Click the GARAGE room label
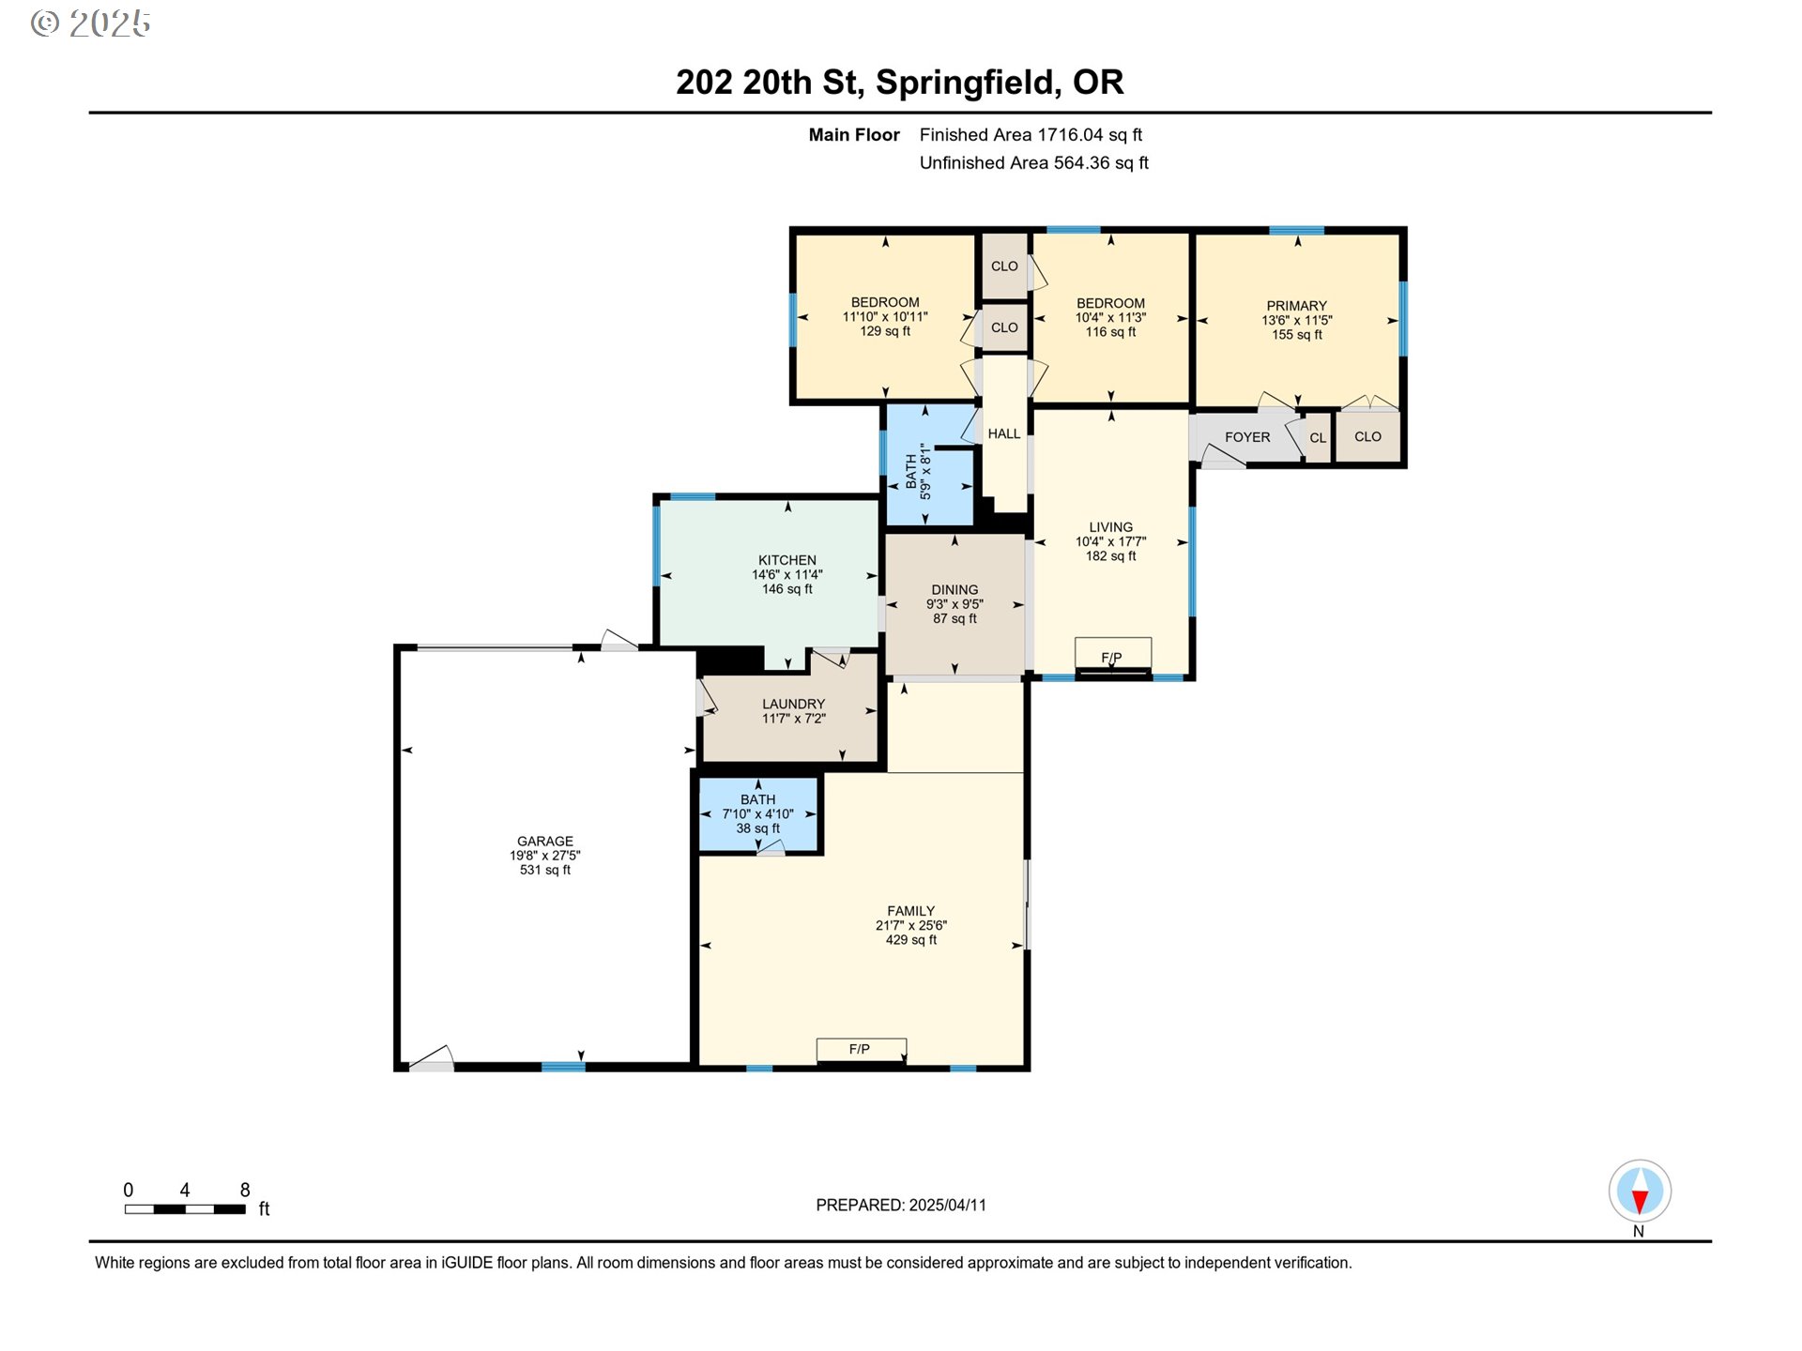545,842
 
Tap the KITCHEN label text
787,560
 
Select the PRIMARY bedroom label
1297,306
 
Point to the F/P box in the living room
1112,653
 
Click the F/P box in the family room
862,1049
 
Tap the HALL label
1004,433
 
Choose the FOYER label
1247,437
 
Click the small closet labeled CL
1318,438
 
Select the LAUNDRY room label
794,704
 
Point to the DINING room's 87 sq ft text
955,619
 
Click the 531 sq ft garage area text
545,870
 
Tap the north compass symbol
1640,1191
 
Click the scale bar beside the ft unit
185,1209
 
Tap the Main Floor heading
854,135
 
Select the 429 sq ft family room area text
911,940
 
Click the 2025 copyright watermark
91,23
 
